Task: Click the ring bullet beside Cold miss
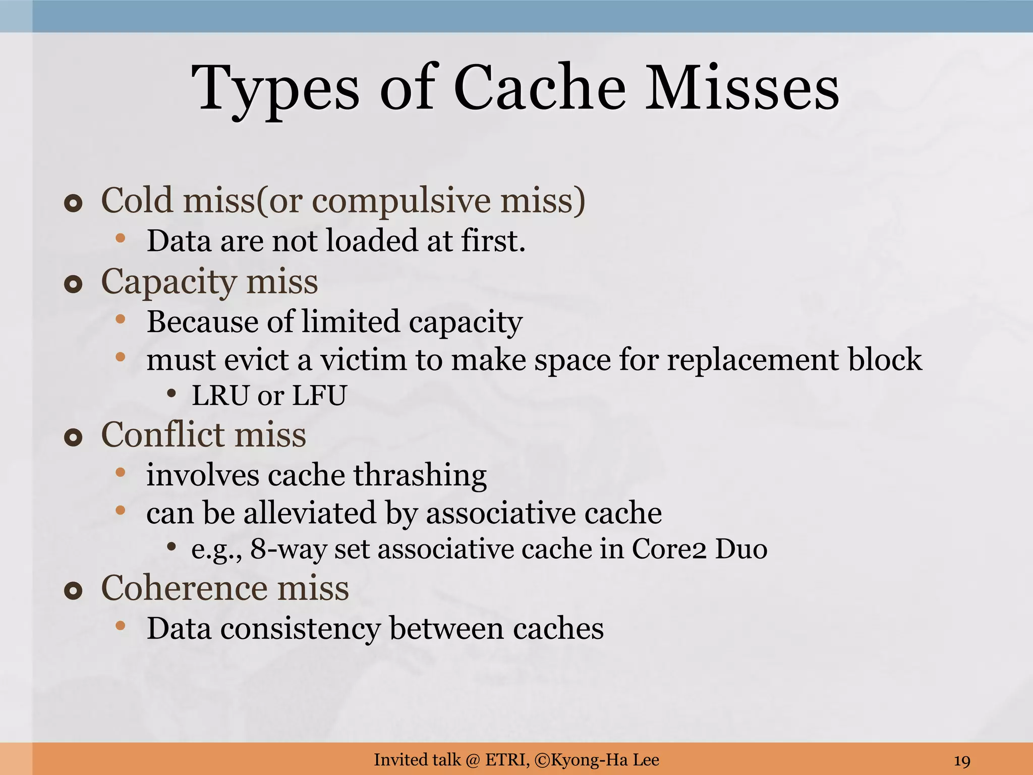tap(73, 204)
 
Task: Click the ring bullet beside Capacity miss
tap(73, 285)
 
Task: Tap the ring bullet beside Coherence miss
tap(73, 591)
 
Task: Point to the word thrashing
tap(420, 475)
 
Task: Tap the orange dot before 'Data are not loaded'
tap(120, 238)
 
